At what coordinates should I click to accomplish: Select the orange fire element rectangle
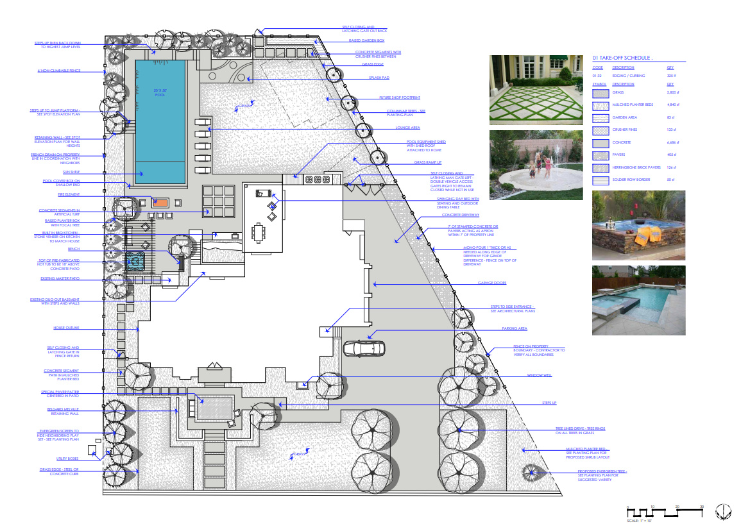(160, 203)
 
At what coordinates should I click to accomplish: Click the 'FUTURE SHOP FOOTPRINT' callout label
(398, 98)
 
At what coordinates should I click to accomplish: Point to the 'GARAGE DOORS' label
(492, 283)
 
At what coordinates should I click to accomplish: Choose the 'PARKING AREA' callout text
(515, 328)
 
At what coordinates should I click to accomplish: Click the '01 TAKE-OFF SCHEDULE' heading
(622, 58)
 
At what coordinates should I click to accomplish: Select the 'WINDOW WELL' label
(540, 375)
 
